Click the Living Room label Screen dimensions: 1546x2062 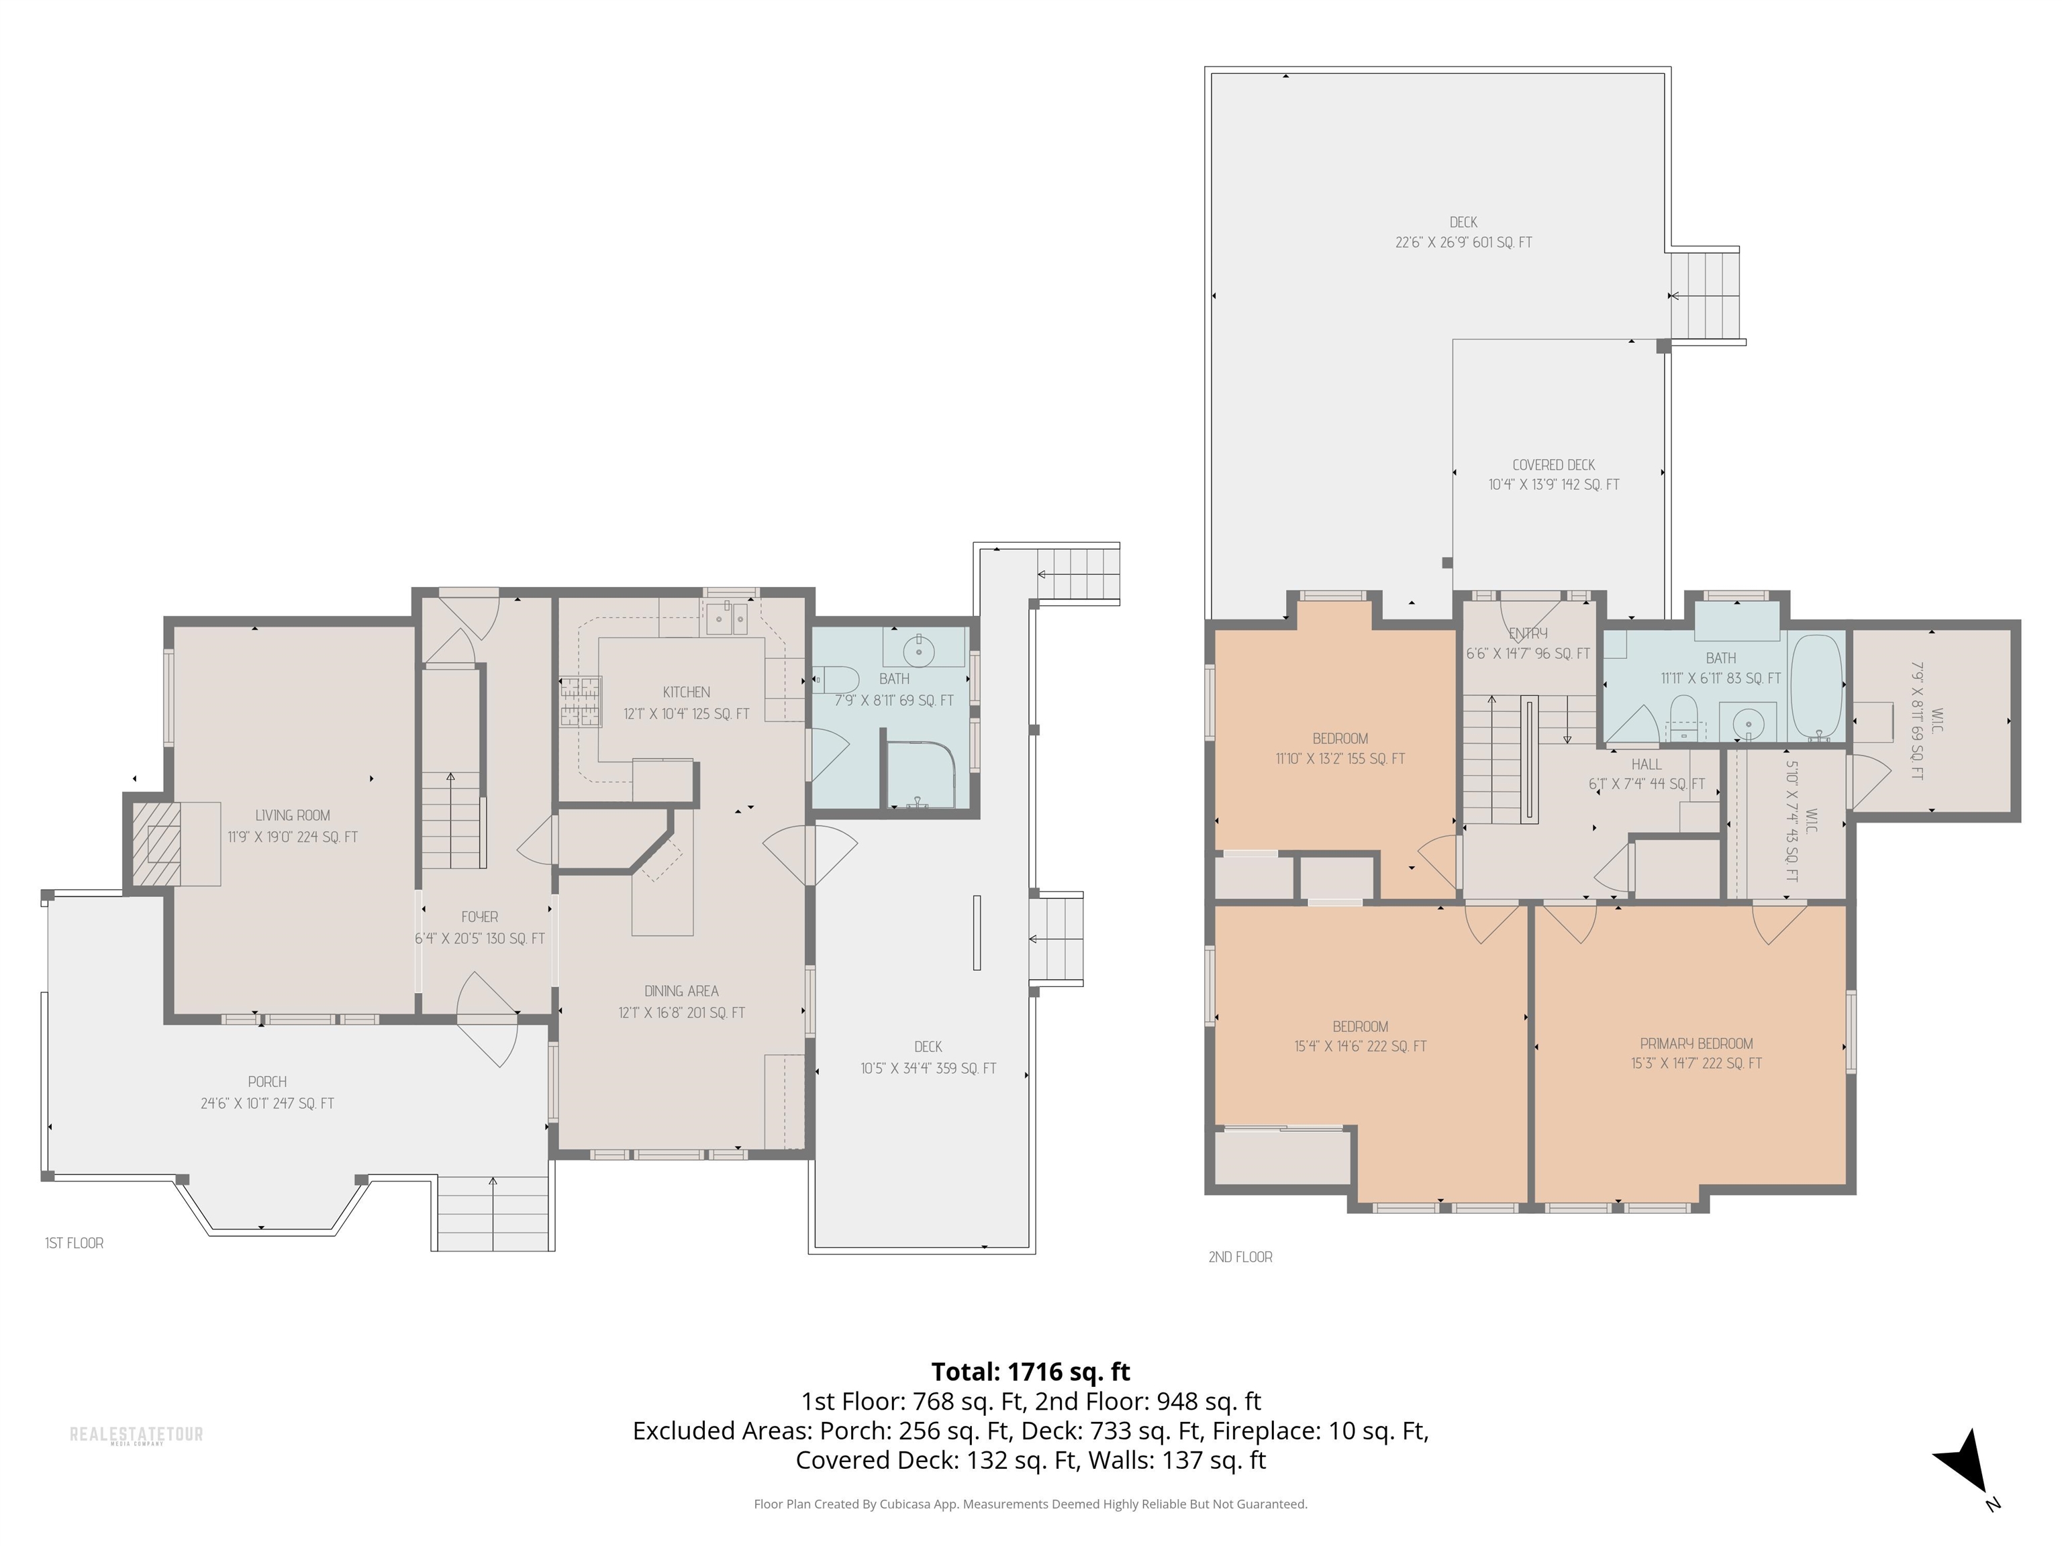coord(293,815)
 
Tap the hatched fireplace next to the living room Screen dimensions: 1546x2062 coord(156,843)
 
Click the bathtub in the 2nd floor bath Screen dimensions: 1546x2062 coord(1817,688)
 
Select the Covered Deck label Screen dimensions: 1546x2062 coord(1553,464)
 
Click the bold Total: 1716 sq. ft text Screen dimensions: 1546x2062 coord(1030,1372)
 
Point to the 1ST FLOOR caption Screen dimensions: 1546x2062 coord(75,1243)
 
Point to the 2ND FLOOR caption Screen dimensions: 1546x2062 coord(1240,1257)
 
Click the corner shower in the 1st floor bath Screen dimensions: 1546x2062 coord(920,774)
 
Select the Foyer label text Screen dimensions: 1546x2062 coord(479,917)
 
